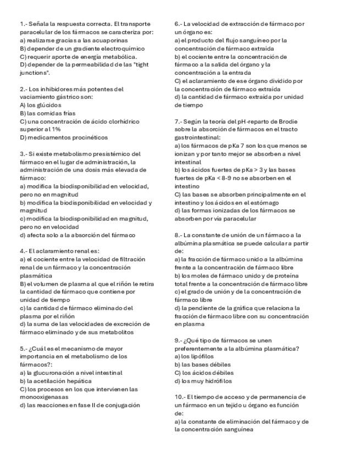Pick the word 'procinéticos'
(x=89, y=137)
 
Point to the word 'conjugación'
(x=121, y=405)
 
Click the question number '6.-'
(x=179, y=24)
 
